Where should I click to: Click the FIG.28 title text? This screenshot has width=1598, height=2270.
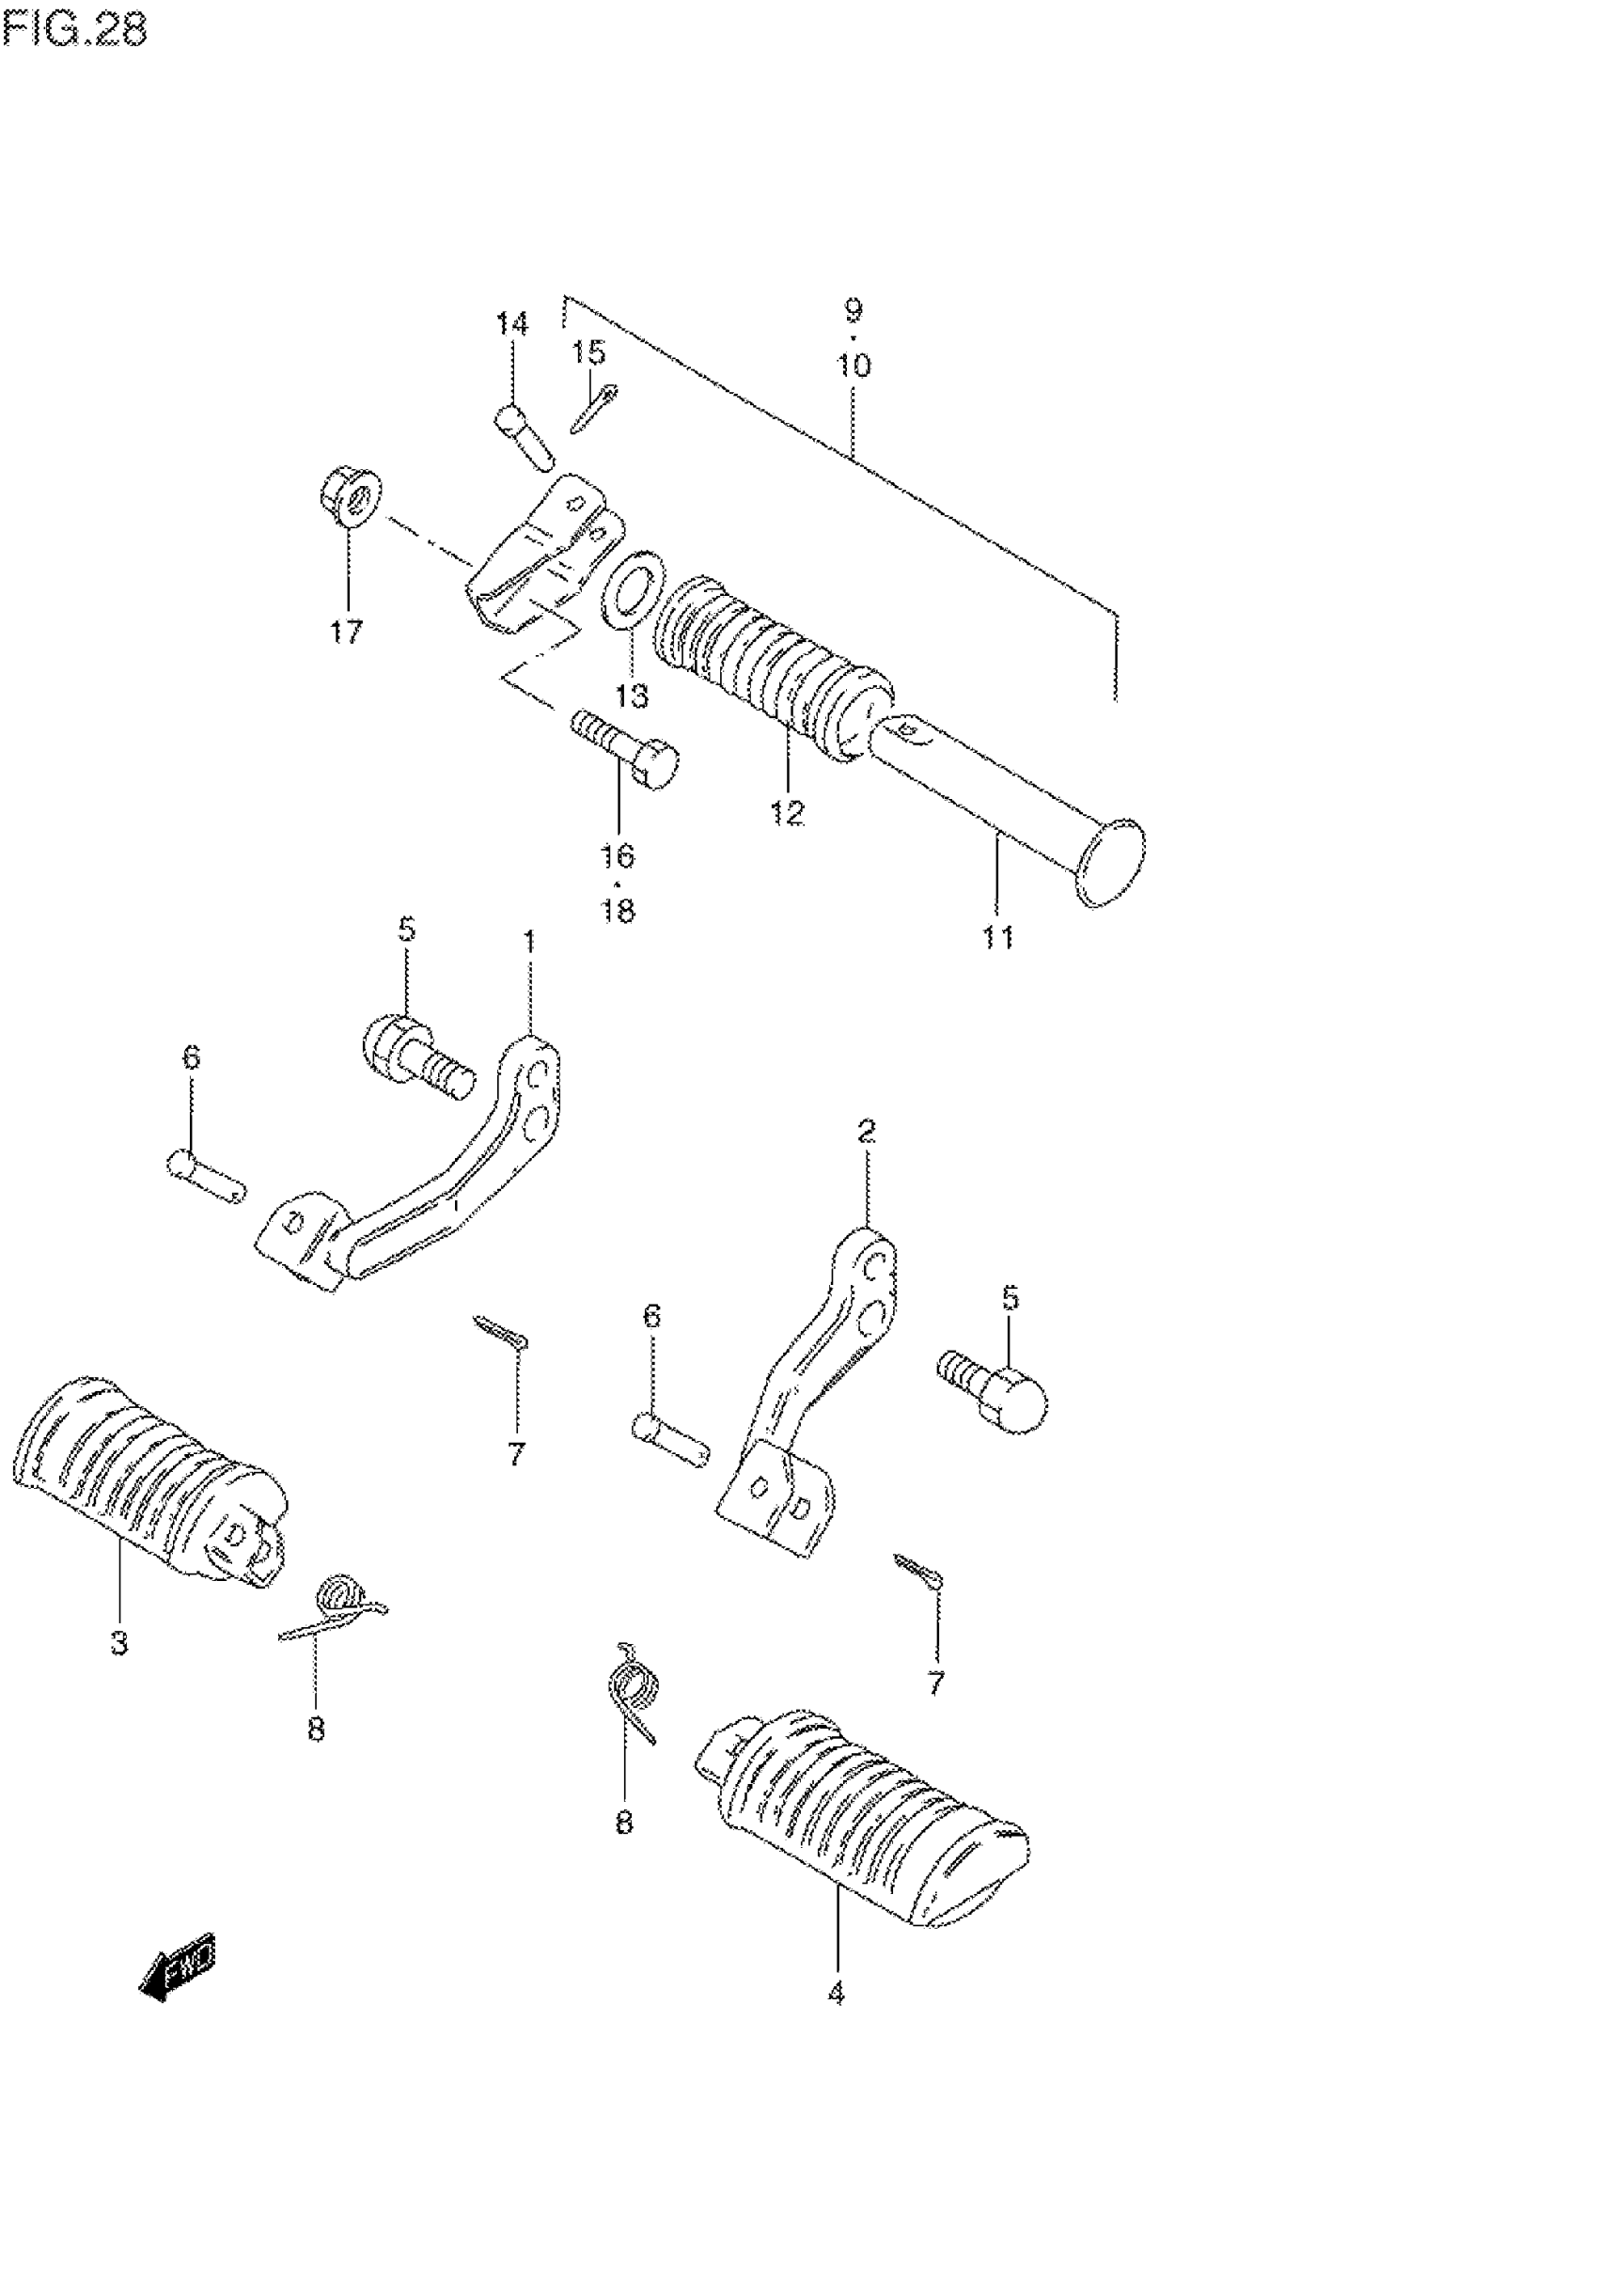74,30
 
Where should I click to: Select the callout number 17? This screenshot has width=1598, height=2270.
346,632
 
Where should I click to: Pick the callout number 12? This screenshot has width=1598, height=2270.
788,814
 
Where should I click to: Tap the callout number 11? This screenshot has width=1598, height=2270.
997,936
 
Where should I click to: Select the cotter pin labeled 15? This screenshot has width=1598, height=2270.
593,407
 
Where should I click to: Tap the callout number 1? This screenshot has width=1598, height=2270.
530,941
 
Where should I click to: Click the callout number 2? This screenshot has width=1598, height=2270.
867,1131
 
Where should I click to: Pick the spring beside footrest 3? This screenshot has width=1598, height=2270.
337,1606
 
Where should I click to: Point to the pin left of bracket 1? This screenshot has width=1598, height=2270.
206,1178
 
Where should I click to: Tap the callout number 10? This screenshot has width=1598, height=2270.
854,366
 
